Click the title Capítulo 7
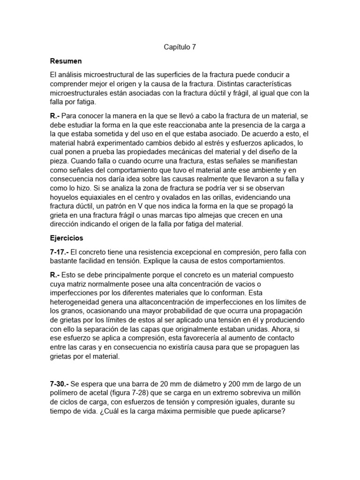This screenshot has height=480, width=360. point(180,47)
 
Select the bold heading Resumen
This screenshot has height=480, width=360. point(66,61)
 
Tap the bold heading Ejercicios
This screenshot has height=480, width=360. point(67,238)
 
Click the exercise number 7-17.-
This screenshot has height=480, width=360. point(60,252)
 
